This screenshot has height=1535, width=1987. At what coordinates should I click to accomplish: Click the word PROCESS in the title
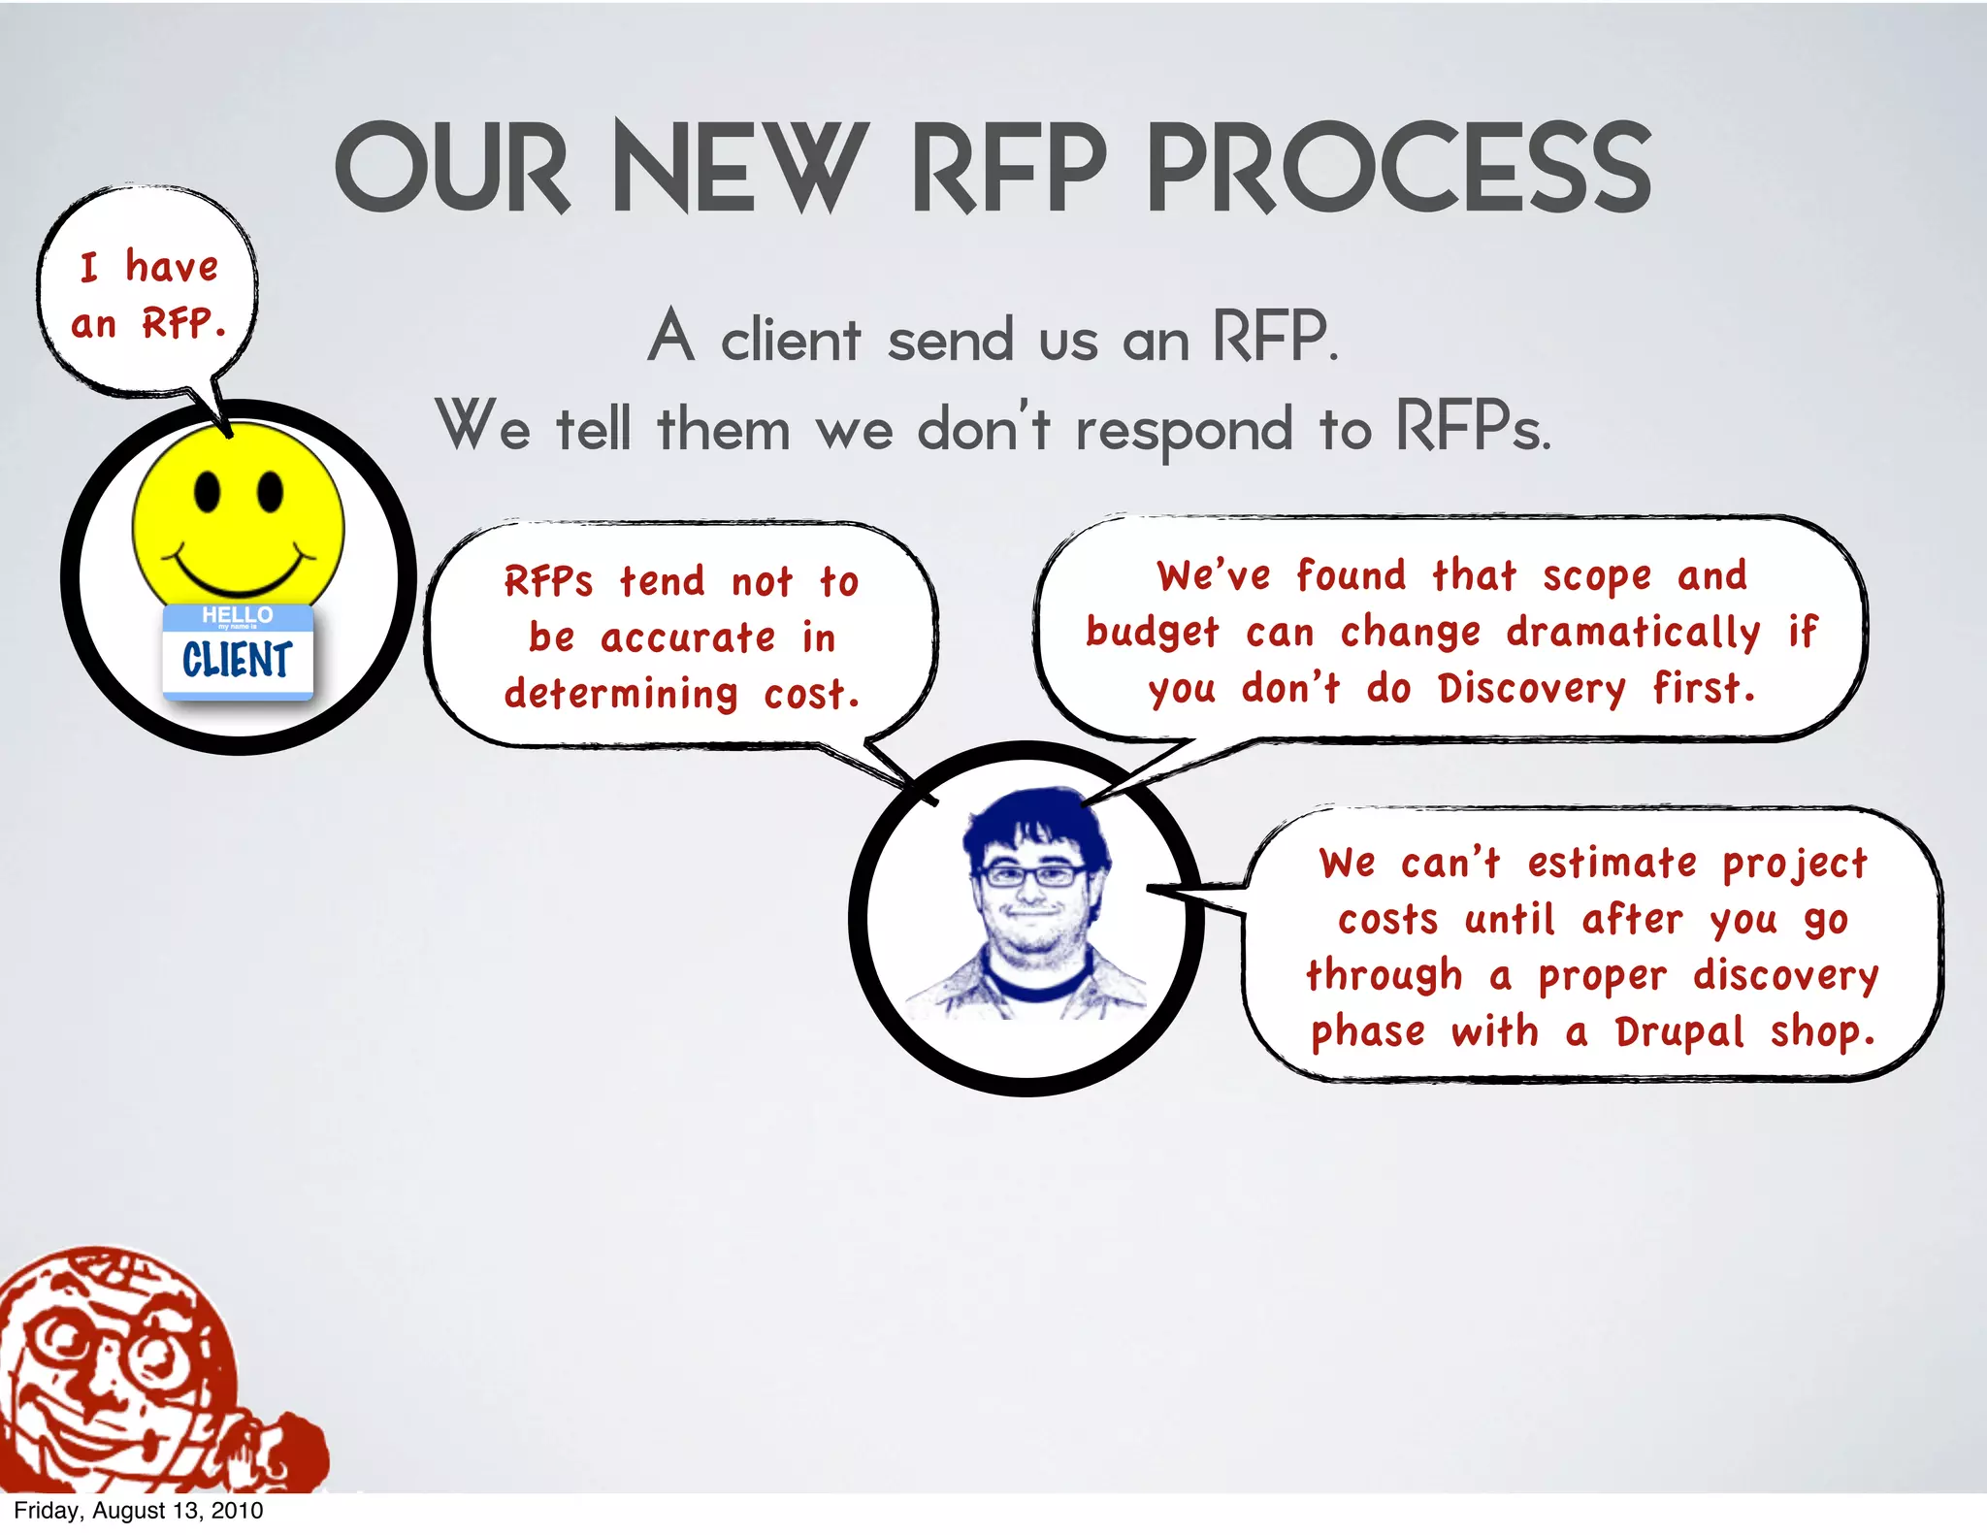click(1398, 169)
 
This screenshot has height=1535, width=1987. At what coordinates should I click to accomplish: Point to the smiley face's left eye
click(207, 492)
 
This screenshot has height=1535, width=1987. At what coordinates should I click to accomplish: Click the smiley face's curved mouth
click(239, 577)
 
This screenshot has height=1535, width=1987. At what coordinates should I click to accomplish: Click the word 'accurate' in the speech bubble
click(688, 638)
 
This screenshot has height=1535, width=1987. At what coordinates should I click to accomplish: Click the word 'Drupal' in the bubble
click(1679, 1032)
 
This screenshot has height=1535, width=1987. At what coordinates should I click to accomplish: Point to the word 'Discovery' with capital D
click(1531, 689)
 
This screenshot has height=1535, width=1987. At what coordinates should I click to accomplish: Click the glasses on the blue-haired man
click(1032, 876)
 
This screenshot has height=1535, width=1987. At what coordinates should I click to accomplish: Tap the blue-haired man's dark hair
click(1032, 820)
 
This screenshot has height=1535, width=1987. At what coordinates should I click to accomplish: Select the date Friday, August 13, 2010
click(138, 1511)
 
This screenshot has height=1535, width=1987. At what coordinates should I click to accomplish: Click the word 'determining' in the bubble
click(621, 695)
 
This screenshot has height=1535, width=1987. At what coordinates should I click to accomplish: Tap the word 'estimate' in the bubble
click(1612, 863)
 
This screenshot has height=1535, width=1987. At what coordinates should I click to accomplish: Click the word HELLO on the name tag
click(237, 615)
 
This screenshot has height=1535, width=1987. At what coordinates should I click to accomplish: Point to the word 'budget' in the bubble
click(1152, 633)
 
